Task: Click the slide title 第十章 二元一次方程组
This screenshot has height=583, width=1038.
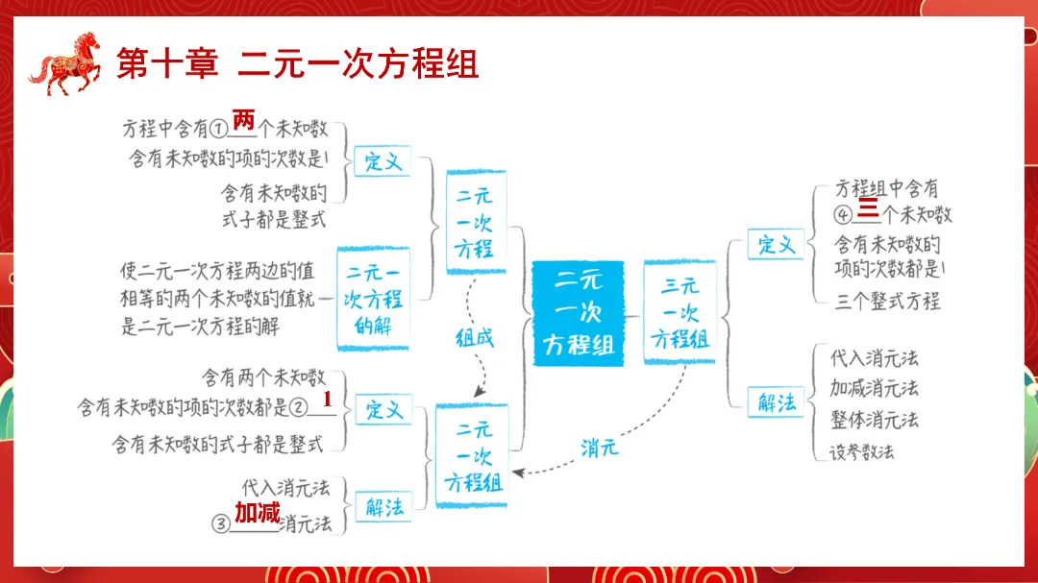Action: [x=297, y=64]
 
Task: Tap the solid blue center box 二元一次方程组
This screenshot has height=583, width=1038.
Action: [x=579, y=312]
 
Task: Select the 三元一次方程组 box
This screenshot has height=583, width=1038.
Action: [x=680, y=312]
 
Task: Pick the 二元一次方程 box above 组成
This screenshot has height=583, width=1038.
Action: [x=475, y=223]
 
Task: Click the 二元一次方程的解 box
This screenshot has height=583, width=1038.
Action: [x=373, y=299]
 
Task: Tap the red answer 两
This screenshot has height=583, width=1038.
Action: [x=243, y=121]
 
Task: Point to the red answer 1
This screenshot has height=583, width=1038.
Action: [x=327, y=399]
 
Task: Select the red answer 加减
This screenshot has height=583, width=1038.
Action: [x=257, y=514]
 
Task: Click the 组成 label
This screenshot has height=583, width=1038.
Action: [x=474, y=337]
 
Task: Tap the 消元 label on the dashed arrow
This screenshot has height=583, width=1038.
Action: [x=599, y=448]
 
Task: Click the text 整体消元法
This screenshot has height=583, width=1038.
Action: [x=874, y=420]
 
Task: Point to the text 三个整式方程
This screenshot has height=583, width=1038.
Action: [x=887, y=301]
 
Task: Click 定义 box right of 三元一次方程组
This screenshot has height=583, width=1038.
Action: [x=777, y=244]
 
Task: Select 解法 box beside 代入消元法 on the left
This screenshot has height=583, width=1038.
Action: [x=384, y=507]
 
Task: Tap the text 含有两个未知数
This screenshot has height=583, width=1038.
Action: [x=263, y=377]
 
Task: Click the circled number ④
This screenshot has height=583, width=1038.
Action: [x=845, y=213]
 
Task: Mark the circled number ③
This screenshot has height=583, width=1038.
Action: [x=221, y=524]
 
